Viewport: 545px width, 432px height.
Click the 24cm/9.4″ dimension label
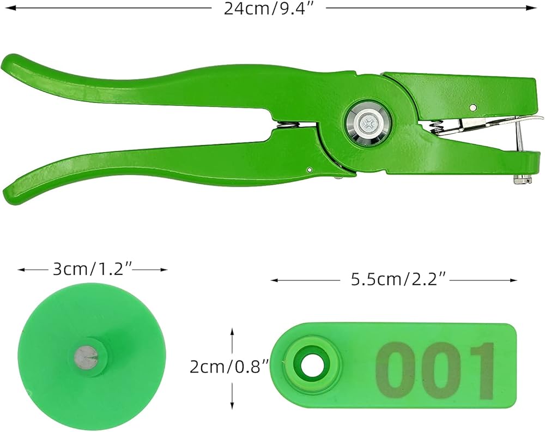(269, 8)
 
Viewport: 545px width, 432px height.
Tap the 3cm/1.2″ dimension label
(93, 269)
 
